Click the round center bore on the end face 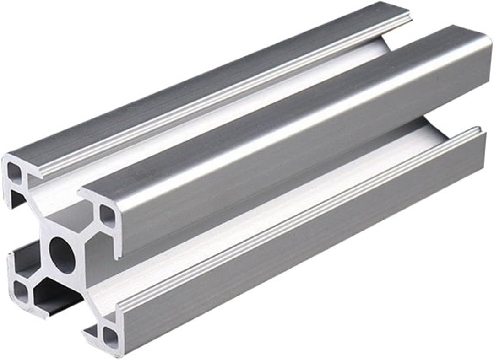click(x=62, y=254)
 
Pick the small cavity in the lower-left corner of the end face click(x=20, y=289)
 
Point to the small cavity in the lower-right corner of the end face click(x=110, y=336)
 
